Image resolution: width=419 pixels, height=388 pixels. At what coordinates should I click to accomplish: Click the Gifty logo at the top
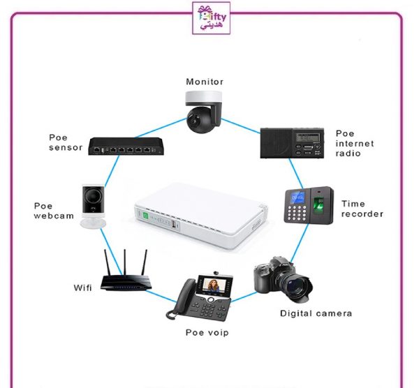tap(209, 20)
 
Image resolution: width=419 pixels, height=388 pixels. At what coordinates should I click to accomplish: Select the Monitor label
tap(205, 82)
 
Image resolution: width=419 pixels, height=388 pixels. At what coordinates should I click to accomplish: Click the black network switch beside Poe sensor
tap(125, 148)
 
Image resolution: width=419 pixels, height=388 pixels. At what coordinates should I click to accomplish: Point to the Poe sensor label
tap(66, 142)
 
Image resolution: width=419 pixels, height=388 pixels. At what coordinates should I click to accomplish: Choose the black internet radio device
tap(291, 143)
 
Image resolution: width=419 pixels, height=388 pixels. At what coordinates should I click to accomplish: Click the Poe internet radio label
tap(354, 143)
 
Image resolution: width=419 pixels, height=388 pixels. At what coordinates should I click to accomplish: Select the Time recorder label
tap(362, 209)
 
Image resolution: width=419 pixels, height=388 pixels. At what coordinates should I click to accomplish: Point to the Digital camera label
tap(316, 313)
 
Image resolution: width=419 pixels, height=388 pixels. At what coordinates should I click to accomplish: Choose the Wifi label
tap(82, 288)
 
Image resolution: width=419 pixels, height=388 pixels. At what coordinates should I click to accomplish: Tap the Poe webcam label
tap(52, 211)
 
